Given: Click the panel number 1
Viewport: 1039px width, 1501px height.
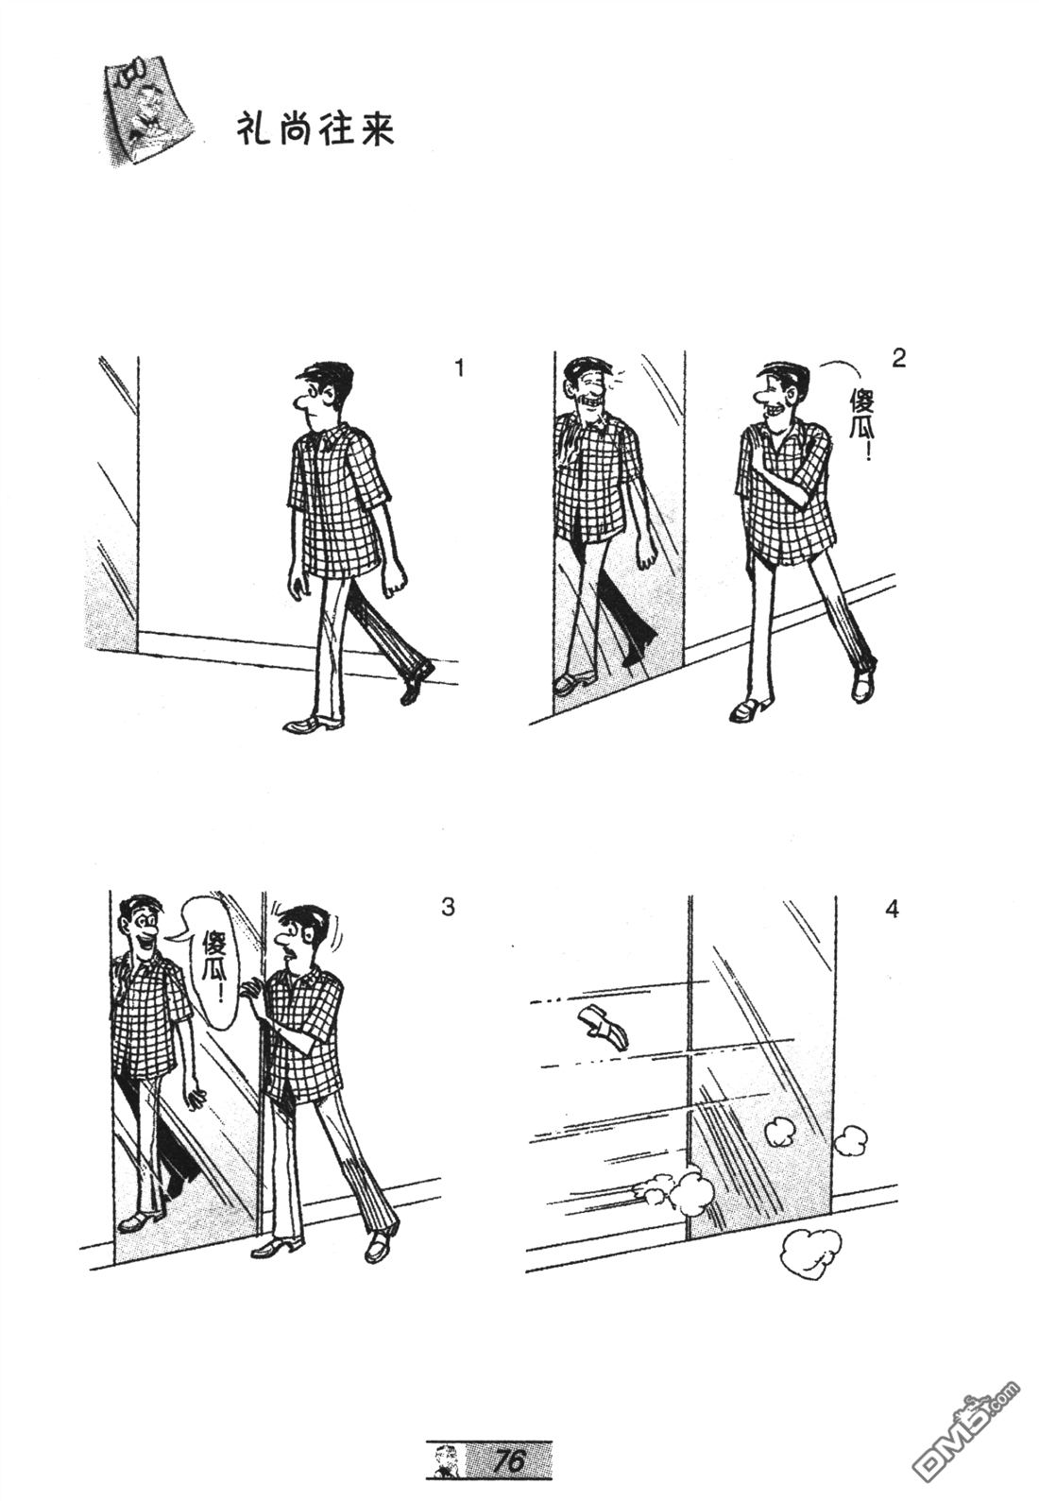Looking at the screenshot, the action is pyautogui.click(x=459, y=367).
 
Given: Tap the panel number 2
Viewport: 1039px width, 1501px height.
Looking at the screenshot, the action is pyautogui.click(x=898, y=359).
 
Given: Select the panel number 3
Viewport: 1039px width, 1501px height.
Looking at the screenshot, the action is pyautogui.click(x=448, y=907).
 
